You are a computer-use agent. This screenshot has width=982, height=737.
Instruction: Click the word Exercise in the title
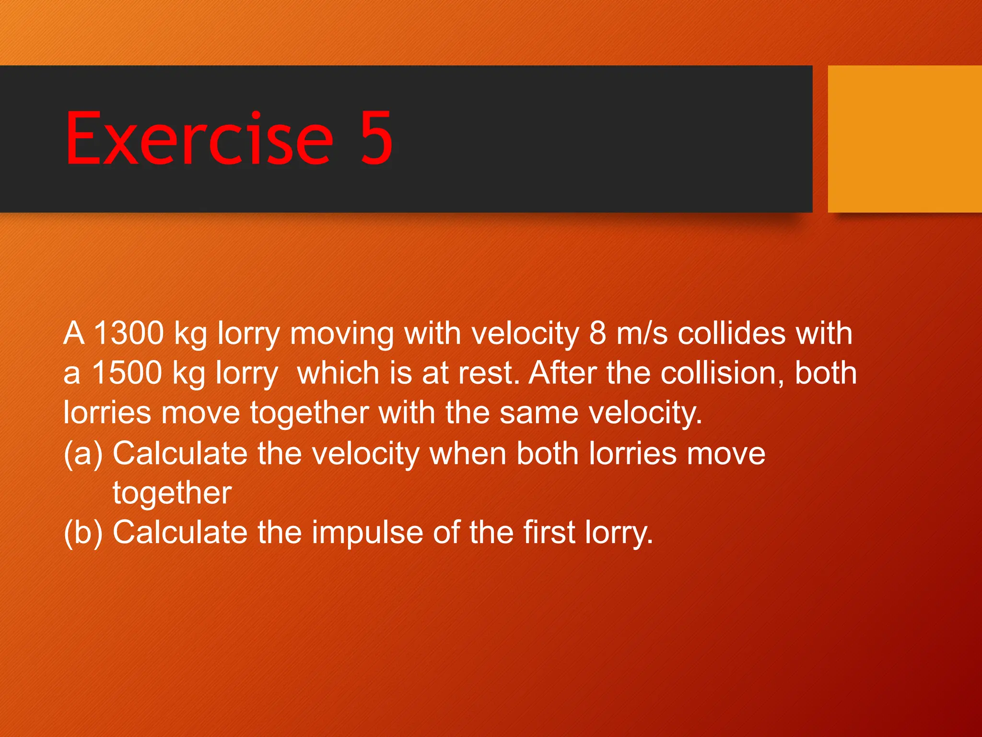click(199, 138)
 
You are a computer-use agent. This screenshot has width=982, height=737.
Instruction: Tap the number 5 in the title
click(377, 138)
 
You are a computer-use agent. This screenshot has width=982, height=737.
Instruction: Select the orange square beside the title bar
click(904, 139)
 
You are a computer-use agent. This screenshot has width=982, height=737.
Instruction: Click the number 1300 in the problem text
click(129, 333)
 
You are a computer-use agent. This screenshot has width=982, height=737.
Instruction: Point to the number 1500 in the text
click(127, 373)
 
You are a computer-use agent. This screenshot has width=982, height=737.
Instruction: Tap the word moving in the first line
click(341, 334)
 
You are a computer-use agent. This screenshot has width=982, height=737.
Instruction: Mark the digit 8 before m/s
click(598, 333)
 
